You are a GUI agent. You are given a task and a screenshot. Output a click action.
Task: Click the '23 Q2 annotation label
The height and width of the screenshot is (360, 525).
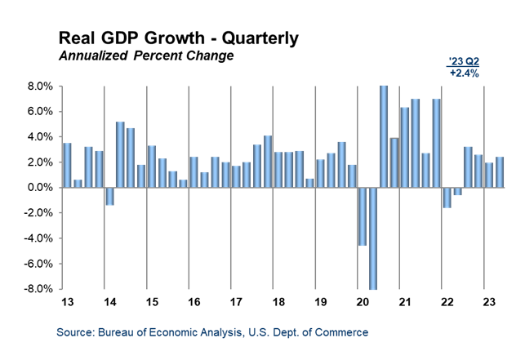(464, 62)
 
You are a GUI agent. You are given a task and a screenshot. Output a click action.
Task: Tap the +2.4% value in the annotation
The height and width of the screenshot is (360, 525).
(464, 73)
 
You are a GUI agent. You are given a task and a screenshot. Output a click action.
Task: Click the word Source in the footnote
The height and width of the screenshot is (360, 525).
(74, 333)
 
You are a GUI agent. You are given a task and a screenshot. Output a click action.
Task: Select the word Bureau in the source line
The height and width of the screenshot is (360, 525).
(116, 333)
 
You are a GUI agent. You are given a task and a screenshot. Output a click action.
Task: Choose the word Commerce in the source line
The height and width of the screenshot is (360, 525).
(344, 333)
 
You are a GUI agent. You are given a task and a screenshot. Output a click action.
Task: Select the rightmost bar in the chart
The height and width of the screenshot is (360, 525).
(500, 172)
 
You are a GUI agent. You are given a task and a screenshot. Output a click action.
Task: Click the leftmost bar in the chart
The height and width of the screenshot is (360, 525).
(67, 165)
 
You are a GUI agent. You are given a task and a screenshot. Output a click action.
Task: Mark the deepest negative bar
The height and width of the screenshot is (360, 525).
(373, 238)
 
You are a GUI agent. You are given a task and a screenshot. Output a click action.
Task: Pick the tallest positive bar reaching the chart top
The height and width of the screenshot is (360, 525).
(384, 136)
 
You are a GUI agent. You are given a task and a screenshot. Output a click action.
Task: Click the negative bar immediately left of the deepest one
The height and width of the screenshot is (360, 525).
(363, 216)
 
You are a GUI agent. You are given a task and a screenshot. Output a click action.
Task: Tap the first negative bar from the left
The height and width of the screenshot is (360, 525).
(109, 196)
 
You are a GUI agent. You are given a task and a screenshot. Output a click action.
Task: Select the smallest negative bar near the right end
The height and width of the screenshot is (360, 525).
(457, 191)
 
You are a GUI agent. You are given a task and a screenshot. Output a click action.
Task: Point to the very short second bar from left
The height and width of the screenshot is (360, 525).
(78, 184)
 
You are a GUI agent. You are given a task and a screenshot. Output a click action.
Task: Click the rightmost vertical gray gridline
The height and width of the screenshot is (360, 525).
(484, 187)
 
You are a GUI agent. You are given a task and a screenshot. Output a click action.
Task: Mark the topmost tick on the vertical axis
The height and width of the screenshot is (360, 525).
(60, 85)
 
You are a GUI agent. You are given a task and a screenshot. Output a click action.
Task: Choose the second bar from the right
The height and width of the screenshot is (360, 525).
(489, 175)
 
